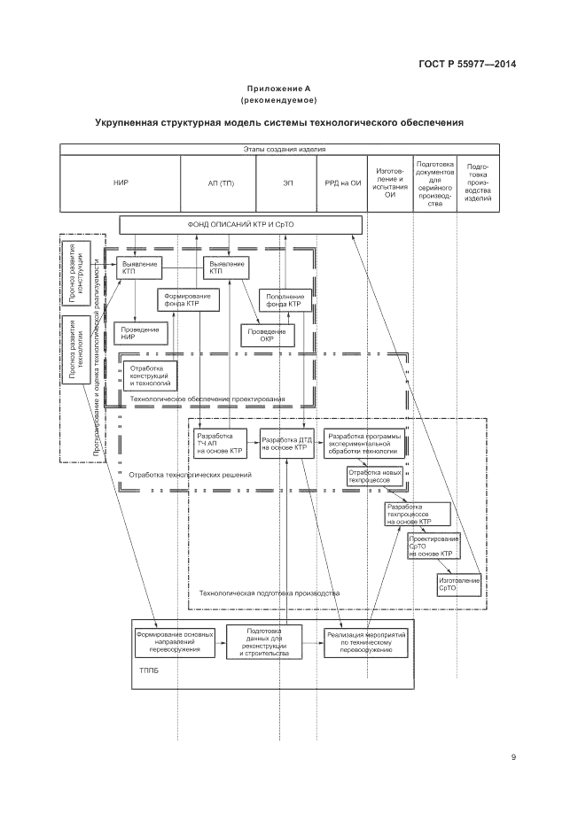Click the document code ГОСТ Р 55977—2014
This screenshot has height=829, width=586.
point(466,63)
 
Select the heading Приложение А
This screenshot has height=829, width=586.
point(278,89)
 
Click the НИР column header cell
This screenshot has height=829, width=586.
point(121,182)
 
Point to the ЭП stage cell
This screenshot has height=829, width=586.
point(288,182)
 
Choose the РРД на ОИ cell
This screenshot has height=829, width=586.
point(342,182)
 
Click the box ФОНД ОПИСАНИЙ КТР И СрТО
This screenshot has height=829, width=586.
point(240,225)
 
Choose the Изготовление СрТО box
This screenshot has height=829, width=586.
point(458,585)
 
